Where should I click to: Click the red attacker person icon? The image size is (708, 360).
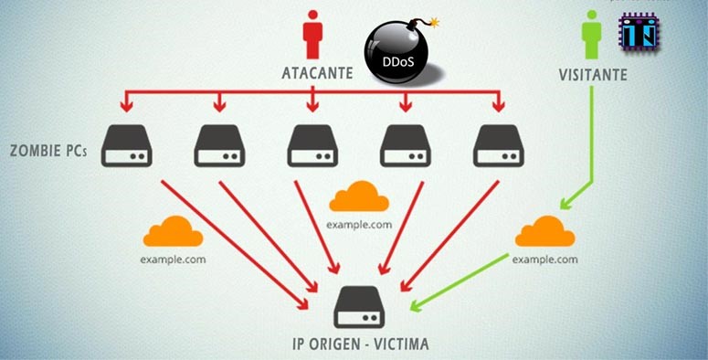point(313,35)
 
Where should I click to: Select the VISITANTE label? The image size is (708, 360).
point(592,74)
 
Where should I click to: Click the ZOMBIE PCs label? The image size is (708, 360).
point(46,149)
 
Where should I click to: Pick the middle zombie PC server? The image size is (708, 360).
point(312,146)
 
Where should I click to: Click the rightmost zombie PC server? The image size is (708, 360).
point(499,146)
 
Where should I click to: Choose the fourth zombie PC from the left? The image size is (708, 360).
point(406,146)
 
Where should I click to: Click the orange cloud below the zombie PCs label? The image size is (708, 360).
point(173,232)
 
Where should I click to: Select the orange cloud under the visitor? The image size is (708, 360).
point(544,232)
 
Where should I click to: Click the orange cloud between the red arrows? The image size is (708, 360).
point(359,196)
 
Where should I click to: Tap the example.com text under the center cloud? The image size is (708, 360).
point(359,224)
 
